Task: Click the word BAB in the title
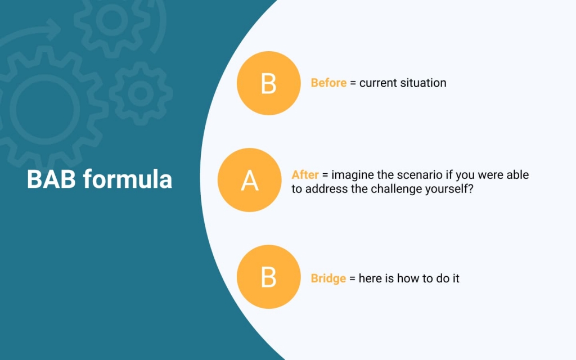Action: tap(51, 179)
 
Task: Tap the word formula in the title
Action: tap(128, 179)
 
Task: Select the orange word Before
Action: tap(328, 83)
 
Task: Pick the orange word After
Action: tap(305, 174)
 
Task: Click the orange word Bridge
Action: tap(328, 278)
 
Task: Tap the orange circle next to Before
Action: tap(268, 83)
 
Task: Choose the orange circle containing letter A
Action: tap(249, 180)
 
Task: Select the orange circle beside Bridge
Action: tap(268, 277)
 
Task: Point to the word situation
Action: tap(423, 83)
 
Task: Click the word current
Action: tap(378, 83)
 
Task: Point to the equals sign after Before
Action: tap(353, 83)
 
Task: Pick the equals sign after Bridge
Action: tap(352, 279)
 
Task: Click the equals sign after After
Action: tap(325, 175)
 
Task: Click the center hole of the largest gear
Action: tap(45, 110)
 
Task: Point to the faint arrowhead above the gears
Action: tap(53, 29)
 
